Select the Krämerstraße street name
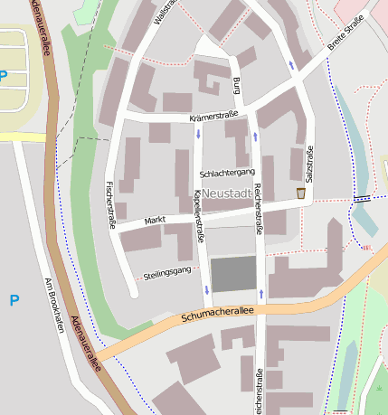213,118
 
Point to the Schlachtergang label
227,172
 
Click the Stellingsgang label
168,271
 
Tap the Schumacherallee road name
217,314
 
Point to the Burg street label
236,86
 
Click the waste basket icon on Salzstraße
300,193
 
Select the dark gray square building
233,274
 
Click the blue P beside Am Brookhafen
14,300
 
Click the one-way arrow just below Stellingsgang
207,290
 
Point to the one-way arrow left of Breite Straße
290,64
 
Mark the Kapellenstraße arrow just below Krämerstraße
197,135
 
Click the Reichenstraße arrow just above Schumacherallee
261,294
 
